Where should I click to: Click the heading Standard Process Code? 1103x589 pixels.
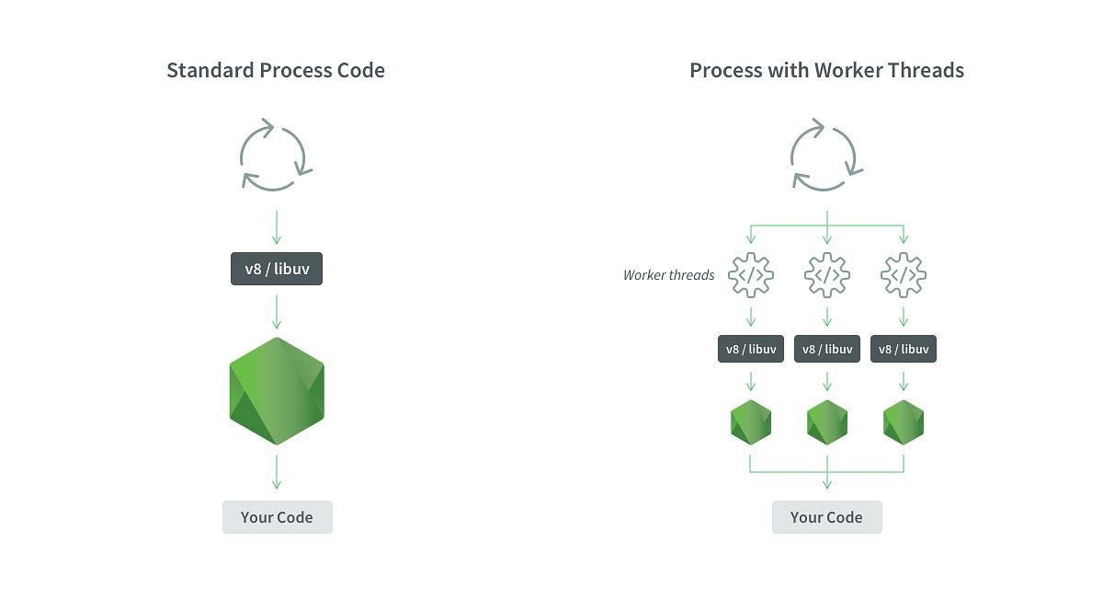click(276, 71)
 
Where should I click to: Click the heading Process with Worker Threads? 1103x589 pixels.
click(826, 71)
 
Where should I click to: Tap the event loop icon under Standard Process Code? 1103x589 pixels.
click(277, 155)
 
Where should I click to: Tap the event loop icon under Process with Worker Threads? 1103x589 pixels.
click(827, 155)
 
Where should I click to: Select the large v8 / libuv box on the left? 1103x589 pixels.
click(277, 270)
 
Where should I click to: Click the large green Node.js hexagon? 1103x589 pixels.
click(277, 391)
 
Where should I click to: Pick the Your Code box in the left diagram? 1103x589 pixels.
click(277, 517)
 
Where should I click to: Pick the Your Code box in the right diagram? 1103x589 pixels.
click(826, 517)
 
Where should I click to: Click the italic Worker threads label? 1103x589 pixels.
click(668, 275)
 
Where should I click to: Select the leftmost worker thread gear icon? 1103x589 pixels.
click(751, 274)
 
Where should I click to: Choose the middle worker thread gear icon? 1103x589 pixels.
click(827, 274)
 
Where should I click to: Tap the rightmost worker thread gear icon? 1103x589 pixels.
click(904, 274)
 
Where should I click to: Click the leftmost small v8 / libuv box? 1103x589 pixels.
click(751, 349)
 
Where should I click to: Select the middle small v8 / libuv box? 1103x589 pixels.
click(827, 349)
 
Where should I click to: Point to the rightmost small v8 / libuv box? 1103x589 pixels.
click(904, 349)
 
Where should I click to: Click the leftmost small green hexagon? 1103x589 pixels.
click(751, 422)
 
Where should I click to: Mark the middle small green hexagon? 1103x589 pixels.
click(827, 422)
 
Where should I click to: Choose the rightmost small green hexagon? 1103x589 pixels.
click(904, 422)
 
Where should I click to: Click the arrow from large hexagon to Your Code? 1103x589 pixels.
click(277, 471)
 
